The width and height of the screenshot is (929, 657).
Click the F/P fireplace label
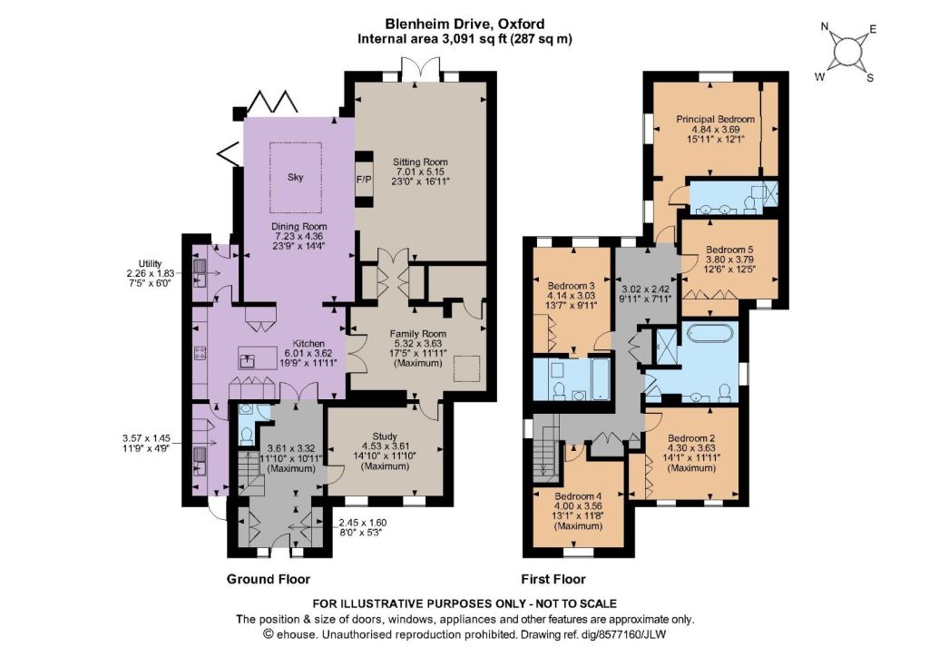point(364,179)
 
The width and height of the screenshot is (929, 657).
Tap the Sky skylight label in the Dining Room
point(295,177)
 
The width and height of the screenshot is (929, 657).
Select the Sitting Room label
point(421,162)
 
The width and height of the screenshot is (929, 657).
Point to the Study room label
point(385,436)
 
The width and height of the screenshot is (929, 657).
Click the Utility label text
point(150,264)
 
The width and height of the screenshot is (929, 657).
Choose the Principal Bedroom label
point(716,119)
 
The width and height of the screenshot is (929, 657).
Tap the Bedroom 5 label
point(729,250)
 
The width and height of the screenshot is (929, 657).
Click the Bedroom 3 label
point(572,286)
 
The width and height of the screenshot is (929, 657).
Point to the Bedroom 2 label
point(691,437)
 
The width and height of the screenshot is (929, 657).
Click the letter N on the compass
point(824,26)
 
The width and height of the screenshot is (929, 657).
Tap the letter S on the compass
point(870,78)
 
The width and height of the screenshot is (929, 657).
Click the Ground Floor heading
point(269,579)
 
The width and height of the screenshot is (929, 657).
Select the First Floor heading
point(553,579)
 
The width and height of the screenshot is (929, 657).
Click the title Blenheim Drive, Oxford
point(465,25)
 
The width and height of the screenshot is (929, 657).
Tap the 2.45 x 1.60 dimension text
point(363,523)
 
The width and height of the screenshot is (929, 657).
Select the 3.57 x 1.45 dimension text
point(146,438)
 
